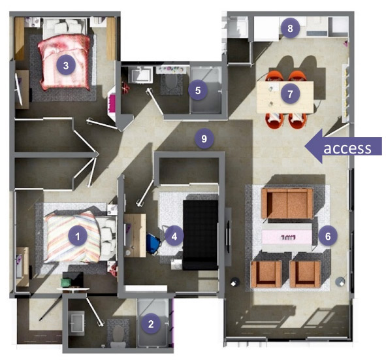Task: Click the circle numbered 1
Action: pyautogui.click(x=78, y=236)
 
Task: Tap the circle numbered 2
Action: pyautogui.click(x=151, y=324)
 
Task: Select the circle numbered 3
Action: pyautogui.click(x=66, y=65)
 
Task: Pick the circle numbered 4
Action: pyautogui.click(x=174, y=237)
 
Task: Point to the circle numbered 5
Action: pyautogui.click(x=198, y=90)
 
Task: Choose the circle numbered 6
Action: pyautogui.click(x=328, y=237)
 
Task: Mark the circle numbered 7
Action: pyautogui.click(x=290, y=94)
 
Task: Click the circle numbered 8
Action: pyautogui.click(x=290, y=28)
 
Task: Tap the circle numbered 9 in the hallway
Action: pyautogui.click(x=204, y=139)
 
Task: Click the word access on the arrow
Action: pyautogui.click(x=347, y=148)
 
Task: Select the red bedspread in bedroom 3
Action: pyautogui.click(x=65, y=62)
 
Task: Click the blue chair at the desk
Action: pyautogui.click(x=153, y=244)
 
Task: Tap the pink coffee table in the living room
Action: pyautogui.click(x=287, y=237)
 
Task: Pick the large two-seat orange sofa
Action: pyautogui.click(x=287, y=204)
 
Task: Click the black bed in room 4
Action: pyautogui.click(x=201, y=235)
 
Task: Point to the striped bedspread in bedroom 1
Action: pyautogui.click(x=73, y=237)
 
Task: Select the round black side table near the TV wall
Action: pyautogui.click(x=235, y=282)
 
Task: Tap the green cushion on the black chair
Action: pyautogui.click(x=66, y=282)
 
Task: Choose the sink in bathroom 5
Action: pyautogui.click(x=141, y=74)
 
